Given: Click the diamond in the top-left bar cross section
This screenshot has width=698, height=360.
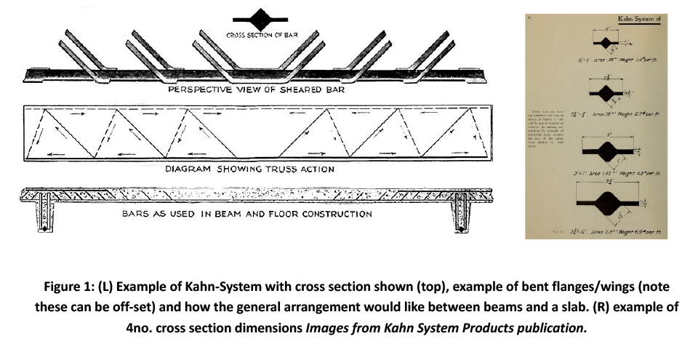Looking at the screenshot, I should [259, 17].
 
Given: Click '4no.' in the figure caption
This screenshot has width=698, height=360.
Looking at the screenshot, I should [141, 327].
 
